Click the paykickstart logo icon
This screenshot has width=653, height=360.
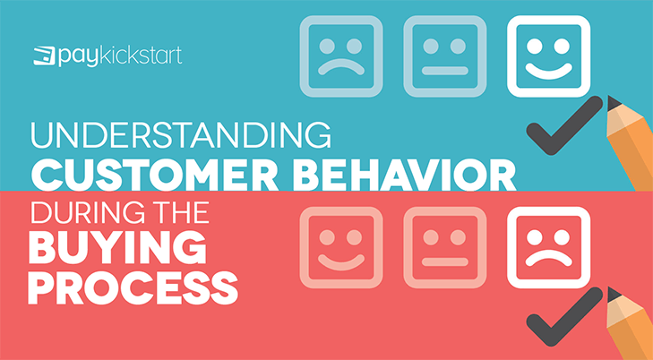coord(45,56)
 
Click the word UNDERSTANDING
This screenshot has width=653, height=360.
coord(181,135)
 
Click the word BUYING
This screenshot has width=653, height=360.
coord(117,248)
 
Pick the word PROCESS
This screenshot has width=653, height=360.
coord(133,287)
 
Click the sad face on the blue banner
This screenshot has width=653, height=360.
coord(341,56)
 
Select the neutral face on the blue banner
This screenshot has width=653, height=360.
coord(445,56)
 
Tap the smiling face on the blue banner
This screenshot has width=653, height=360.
coord(548,56)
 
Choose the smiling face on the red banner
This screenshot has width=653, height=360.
coord(341,248)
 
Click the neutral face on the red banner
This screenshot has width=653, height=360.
coord(445,248)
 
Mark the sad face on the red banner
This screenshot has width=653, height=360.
coord(548,248)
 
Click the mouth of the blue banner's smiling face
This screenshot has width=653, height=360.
coord(548,73)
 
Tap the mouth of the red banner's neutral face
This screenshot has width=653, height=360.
coord(445,261)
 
